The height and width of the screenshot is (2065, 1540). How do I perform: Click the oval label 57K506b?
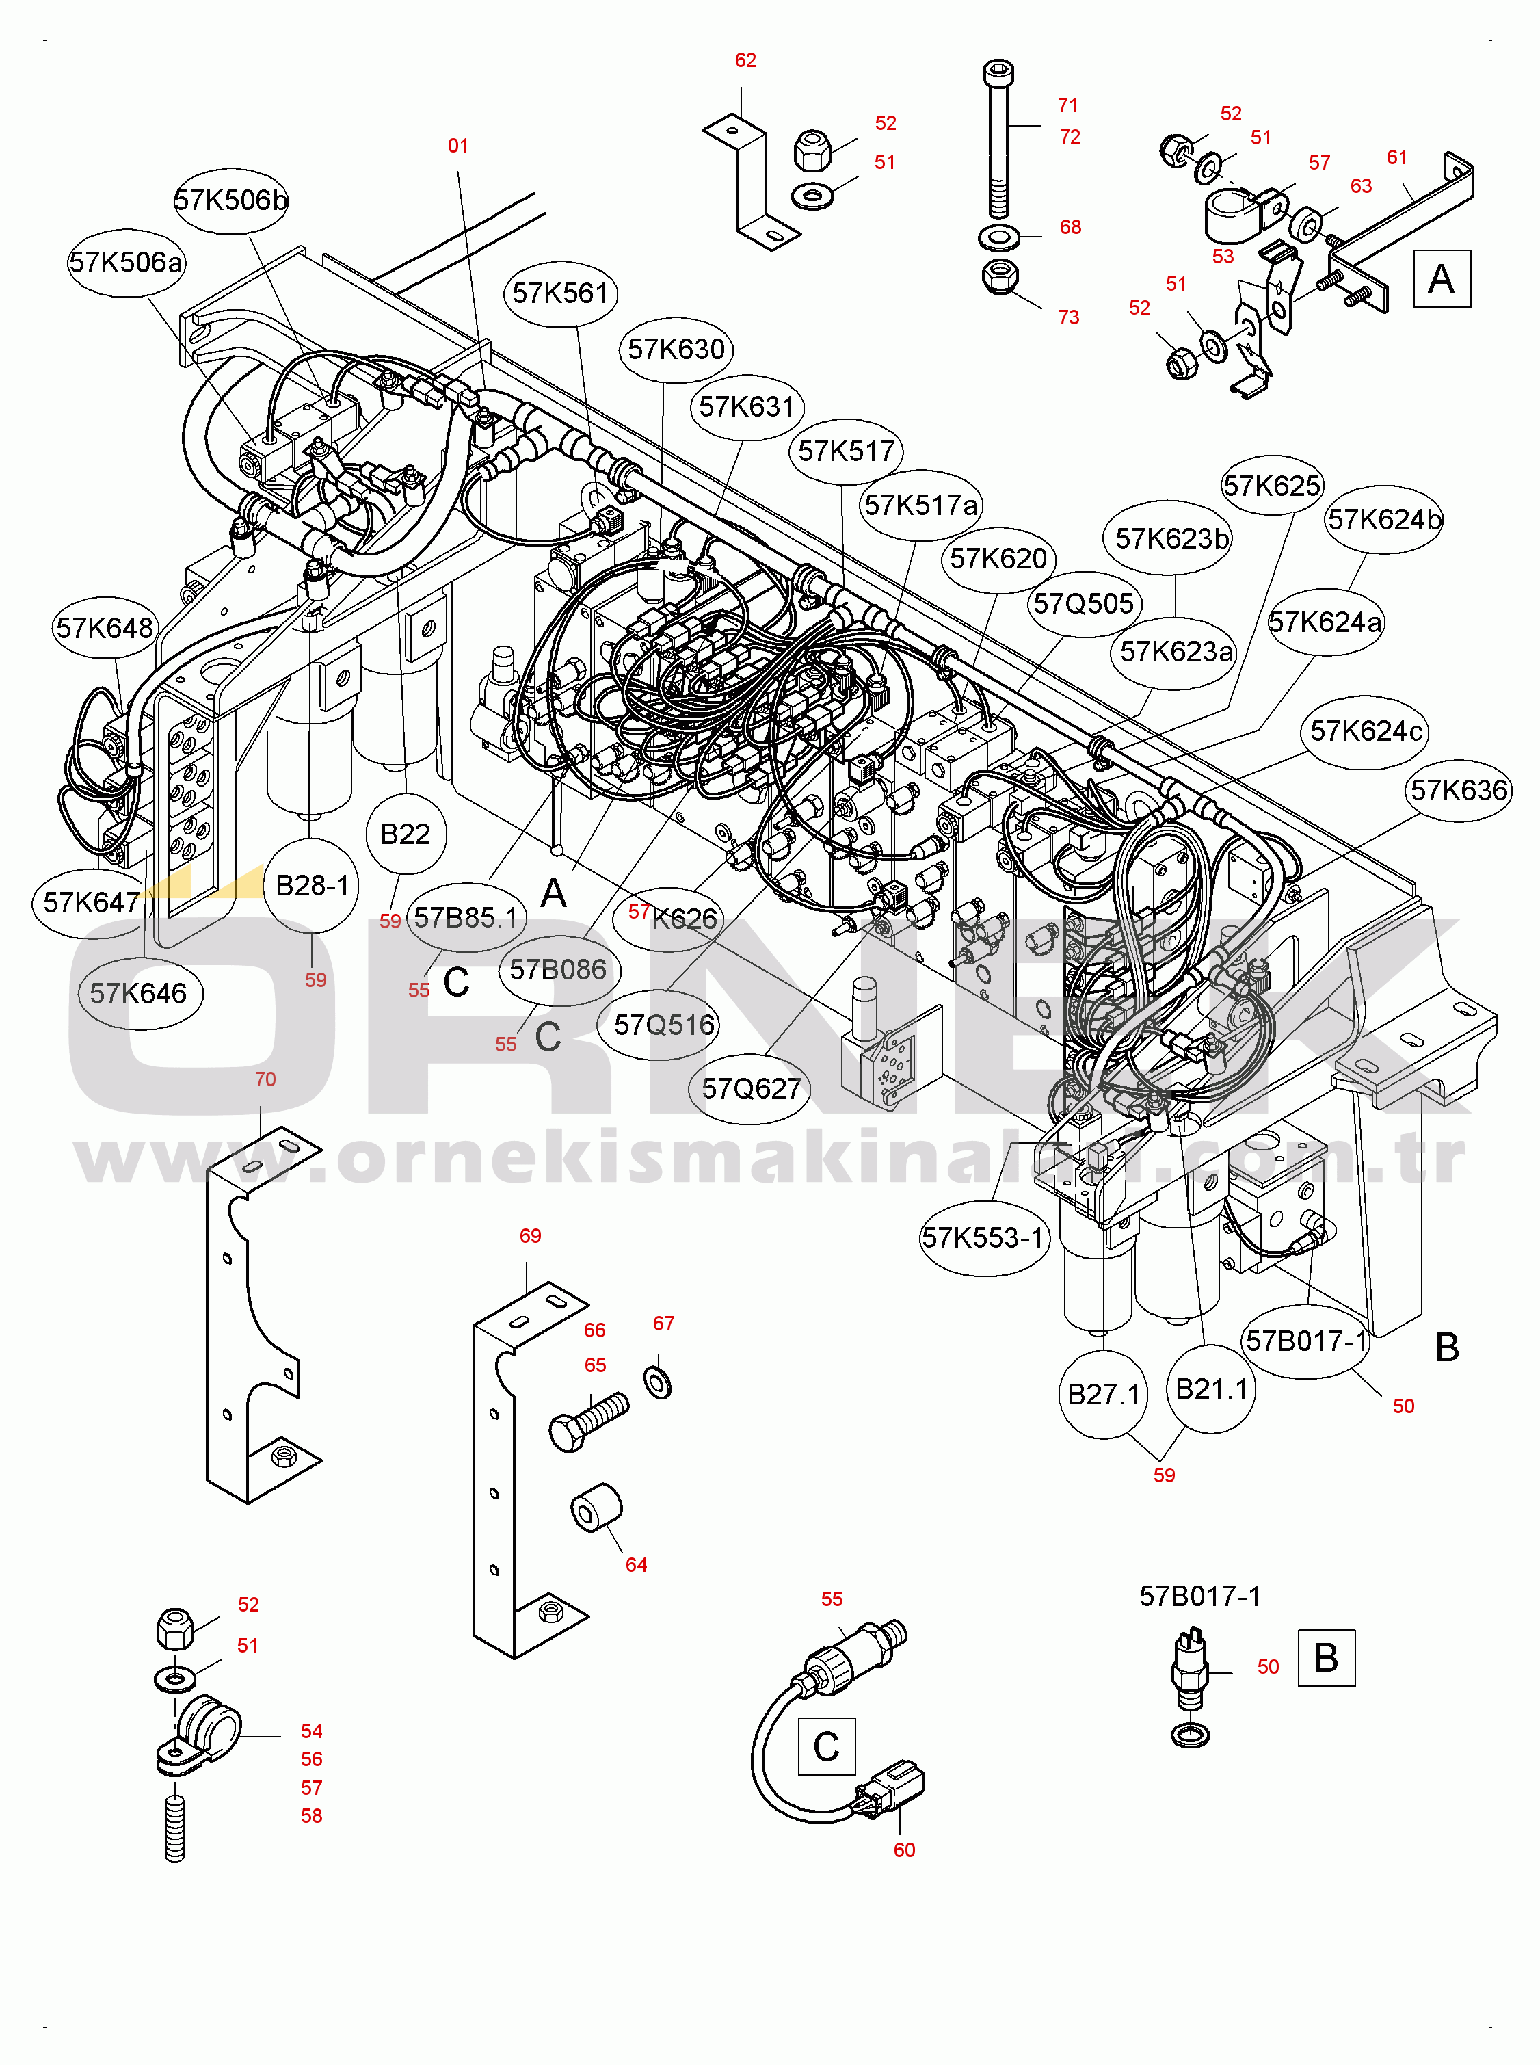(x=231, y=200)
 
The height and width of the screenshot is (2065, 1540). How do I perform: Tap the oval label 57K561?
(x=560, y=293)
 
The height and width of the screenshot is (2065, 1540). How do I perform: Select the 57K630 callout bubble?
(x=676, y=350)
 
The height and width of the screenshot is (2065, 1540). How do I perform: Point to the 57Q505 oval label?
(x=1083, y=604)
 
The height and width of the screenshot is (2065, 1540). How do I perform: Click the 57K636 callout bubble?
(x=1459, y=791)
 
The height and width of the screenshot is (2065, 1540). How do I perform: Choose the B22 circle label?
(x=406, y=834)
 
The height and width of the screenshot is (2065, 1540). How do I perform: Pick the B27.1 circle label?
(x=1104, y=1395)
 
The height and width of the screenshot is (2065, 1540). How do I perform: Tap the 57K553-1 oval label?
(x=983, y=1238)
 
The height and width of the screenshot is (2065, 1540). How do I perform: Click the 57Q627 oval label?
(x=750, y=1089)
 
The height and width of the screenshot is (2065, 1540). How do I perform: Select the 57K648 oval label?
(x=105, y=629)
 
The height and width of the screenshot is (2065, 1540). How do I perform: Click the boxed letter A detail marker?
(x=1442, y=279)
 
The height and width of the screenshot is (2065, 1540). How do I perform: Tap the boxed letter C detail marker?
(x=826, y=1746)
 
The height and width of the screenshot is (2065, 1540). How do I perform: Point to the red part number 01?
(x=457, y=146)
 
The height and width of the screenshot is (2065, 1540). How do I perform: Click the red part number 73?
(x=1068, y=318)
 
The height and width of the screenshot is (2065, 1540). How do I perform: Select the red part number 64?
(x=636, y=1565)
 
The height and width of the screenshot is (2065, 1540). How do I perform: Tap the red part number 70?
(x=265, y=1079)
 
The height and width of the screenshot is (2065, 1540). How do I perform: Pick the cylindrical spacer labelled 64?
(x=596, y=1507)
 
